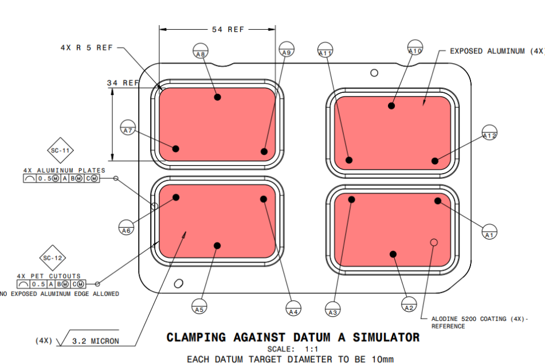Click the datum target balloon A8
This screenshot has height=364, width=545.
(x=199, y=50)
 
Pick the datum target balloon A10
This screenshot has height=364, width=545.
(x=415, y=48)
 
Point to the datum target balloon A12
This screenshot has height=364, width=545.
(x=489, y=132)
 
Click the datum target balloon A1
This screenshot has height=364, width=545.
(x=489, y=231)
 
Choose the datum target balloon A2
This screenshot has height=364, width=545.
(x=409, y=304)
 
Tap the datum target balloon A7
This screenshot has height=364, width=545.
(x=128, y=127)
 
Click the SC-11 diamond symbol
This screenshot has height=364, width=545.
(x=61, y=151)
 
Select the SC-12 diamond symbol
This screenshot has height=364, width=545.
(x=53, y=258)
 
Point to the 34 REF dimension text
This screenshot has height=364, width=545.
(x=123, y=83)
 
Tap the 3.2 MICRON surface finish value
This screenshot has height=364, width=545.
(x=96, y=341)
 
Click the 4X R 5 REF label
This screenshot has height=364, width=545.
(x=87, y=48)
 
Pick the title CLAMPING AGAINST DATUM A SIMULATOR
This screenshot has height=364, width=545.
(x=293, y=338)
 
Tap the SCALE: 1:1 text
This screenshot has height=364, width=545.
(x=292, y=349)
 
